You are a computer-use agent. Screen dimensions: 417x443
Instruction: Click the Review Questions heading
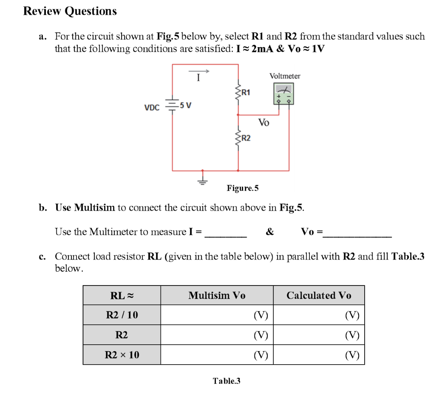(70, 11)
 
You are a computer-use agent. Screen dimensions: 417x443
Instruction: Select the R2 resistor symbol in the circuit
(237, 138)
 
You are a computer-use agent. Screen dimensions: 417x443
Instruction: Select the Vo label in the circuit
(263, 123)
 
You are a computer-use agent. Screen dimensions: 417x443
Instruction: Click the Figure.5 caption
(242, 188)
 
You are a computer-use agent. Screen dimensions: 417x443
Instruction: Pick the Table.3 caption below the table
(226, 381)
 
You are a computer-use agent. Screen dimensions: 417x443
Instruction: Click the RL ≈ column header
(122, 295)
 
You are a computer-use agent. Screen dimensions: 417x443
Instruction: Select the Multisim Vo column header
(217, 295)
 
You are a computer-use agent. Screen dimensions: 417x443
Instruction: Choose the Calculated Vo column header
(319, 295)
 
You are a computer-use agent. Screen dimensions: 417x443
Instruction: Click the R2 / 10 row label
(122, 315)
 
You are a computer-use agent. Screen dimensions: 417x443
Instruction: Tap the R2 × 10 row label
(122, 355)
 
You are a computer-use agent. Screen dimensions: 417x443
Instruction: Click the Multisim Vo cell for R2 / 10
(217, 315)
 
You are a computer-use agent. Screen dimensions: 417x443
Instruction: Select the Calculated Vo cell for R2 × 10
(319, 355)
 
